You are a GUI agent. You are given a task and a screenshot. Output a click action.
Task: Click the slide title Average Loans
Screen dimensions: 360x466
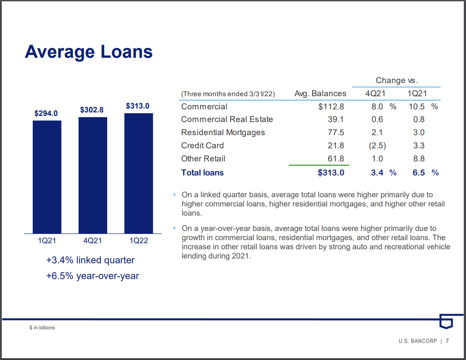(89, 52)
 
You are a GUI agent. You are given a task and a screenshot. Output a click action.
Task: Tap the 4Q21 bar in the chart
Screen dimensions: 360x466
(93, 175)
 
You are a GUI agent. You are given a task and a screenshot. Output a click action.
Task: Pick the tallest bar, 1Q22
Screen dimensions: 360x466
(138, 173)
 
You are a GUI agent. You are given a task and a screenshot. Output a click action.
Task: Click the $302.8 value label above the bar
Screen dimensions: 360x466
(92, 110)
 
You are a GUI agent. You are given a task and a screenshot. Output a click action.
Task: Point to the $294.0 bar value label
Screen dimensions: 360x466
(46, 113)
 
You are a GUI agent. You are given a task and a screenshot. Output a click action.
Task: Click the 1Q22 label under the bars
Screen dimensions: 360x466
(138, 241)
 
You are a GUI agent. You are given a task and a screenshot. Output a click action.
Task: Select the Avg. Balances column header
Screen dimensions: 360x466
(320, 93)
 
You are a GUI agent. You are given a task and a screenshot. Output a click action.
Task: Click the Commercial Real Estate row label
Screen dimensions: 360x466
(227, 119)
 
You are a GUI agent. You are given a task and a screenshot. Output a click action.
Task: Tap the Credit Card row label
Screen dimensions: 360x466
(202, 146)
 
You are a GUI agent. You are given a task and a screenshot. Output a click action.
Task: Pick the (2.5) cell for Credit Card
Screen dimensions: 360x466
(377, 146)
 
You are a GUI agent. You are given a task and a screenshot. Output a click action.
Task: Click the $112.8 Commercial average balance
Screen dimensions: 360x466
(331, 107)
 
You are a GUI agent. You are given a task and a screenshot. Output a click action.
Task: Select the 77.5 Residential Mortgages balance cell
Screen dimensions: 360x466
(336, 133)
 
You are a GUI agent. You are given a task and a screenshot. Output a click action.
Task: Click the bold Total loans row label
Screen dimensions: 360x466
(202, 173)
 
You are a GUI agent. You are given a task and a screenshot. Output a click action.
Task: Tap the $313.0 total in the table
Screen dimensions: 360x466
(331, 173)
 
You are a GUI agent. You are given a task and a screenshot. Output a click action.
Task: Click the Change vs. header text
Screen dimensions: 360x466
(397, 80)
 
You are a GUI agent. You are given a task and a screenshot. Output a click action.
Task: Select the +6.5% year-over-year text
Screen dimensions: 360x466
(92, 276)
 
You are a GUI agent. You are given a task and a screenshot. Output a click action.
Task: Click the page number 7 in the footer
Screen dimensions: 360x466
(448, 341)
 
